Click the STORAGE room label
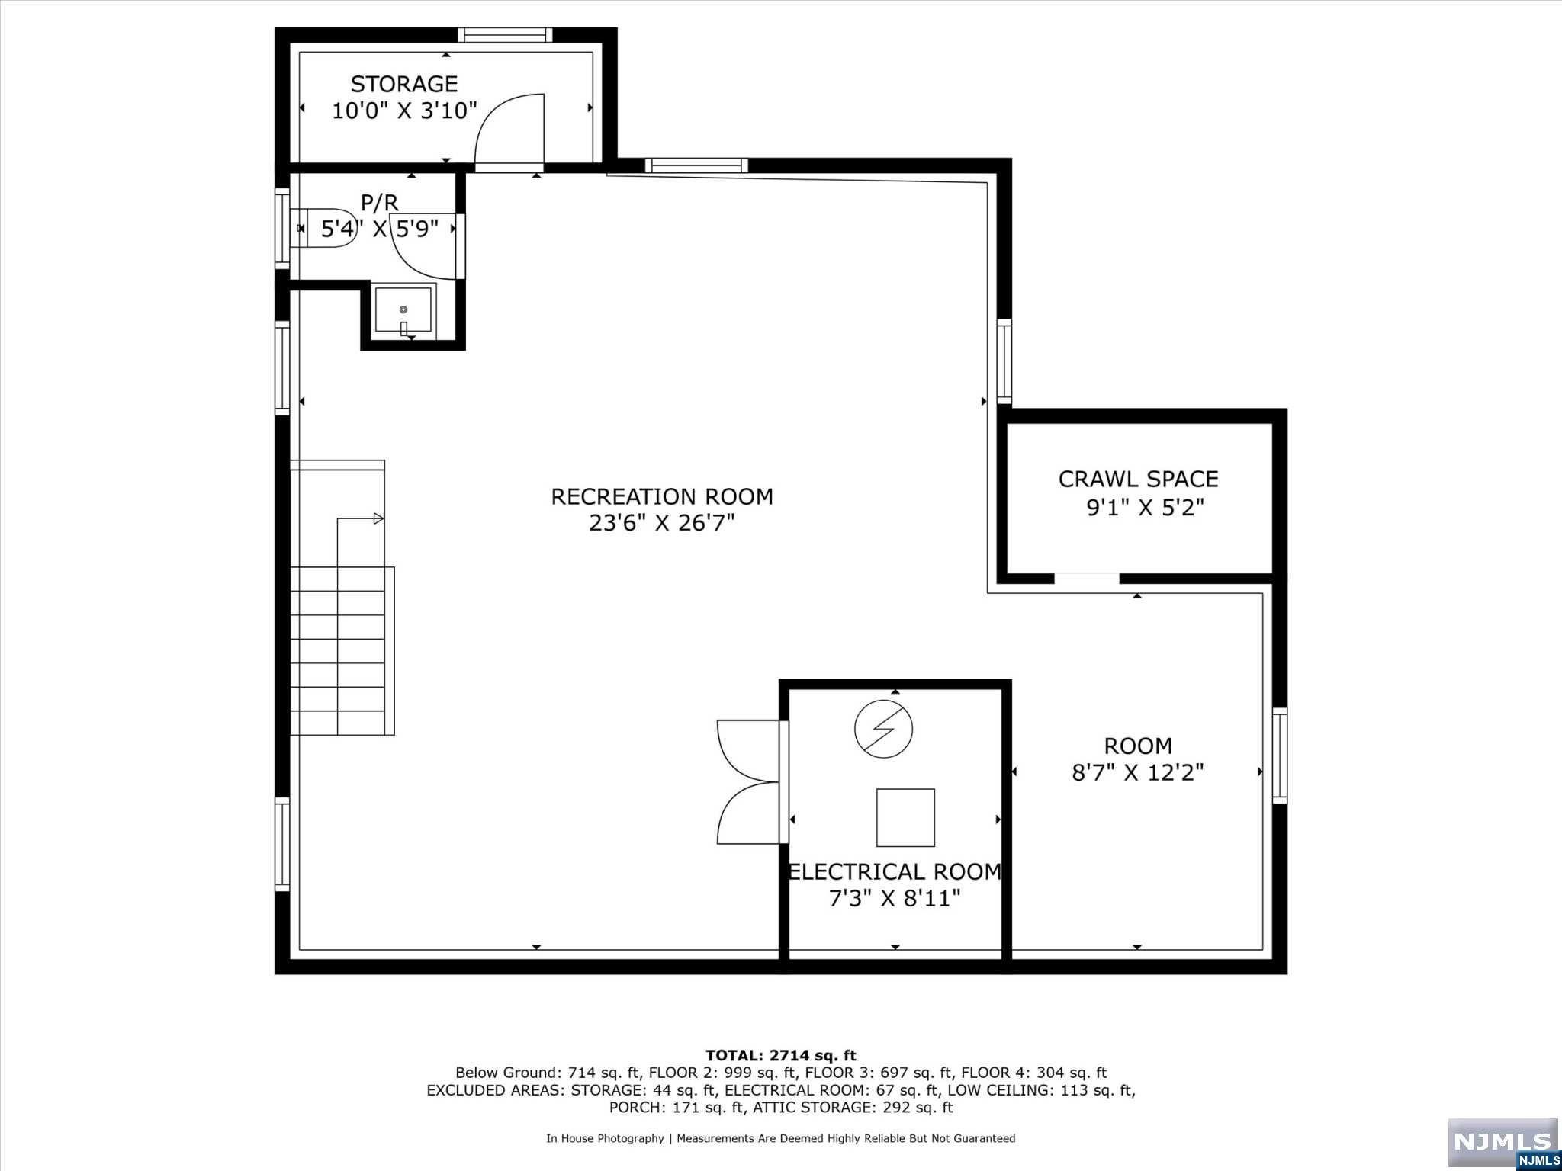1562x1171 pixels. (x=404, y=84)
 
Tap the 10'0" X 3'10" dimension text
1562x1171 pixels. (x=404, y=111)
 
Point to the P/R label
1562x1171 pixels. (x=379, y=203)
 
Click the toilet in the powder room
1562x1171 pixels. (x=327, y=227)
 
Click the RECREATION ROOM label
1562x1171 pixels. (x=662, y=497)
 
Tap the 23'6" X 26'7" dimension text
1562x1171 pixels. (x=662, y=524)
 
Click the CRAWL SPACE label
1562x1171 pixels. (x=1138, y=480)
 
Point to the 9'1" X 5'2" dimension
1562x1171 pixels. (x=1145, y=507)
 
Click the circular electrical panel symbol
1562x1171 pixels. (x=883, y=729)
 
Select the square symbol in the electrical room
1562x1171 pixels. (x=905, y=818)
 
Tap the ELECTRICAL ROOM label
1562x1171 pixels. (x=895, y=871)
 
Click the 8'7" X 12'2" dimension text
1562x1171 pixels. (x=1138, y=773)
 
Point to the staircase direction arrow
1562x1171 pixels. (x=360, y=519)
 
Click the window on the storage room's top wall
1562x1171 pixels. (x=505, y=35)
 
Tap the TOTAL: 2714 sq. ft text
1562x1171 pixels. (x=781, y=1056)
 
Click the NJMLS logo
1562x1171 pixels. (x=1503, y=1142)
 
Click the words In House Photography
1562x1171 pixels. (x=605, y=1139)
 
